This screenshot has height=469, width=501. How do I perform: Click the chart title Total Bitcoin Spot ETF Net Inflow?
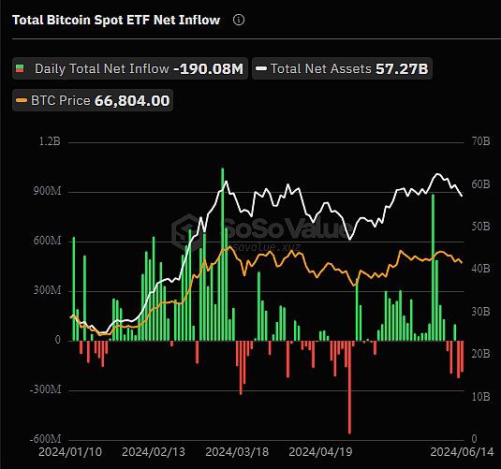pyautogui.click(x=116, y=20)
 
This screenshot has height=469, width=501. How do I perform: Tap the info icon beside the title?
pyautogui.click(x=239, y=20)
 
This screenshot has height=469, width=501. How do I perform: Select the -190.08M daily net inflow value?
pyautogui.click(x=208, y=68)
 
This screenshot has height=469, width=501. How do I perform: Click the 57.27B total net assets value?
pyautogui.click(x=402, y=68)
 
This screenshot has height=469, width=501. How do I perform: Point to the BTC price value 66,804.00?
pyautogui.click(x=132, y=101)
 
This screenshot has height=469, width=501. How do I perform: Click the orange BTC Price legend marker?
pyautogui.click(x=22, y=101)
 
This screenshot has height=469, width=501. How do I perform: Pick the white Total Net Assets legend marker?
pyautogui.click(x=261, y=68)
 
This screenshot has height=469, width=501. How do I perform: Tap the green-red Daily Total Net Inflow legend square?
pyautogui.click(x=20, y=68)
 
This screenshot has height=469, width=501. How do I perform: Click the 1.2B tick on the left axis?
pyautogui.click(x=50, y=141)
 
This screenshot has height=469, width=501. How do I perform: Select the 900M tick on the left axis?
pyautogui.click(x=47, y=191)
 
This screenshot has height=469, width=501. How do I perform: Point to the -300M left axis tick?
pyautogui.click(x=45, y=389)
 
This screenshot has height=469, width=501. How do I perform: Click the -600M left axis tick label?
pyautogui.click(x=45, y=439)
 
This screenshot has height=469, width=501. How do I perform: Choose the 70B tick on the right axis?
pyautogui.click(x=481, y=141)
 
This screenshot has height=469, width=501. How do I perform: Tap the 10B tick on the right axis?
pyautogui.click(x=481, y=396)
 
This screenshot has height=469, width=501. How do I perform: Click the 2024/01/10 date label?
pyautogui.click(x=70, y=452)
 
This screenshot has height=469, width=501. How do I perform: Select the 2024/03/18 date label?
pyautogui.click(x=237, y=452)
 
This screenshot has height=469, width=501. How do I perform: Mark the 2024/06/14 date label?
pyautogui.click(x=462, y=452)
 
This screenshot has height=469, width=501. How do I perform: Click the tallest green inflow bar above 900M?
pyautogui.click(x=222, y=254)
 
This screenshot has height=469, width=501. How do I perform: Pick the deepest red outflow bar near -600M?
pyautogui.click(x=349, y=388)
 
